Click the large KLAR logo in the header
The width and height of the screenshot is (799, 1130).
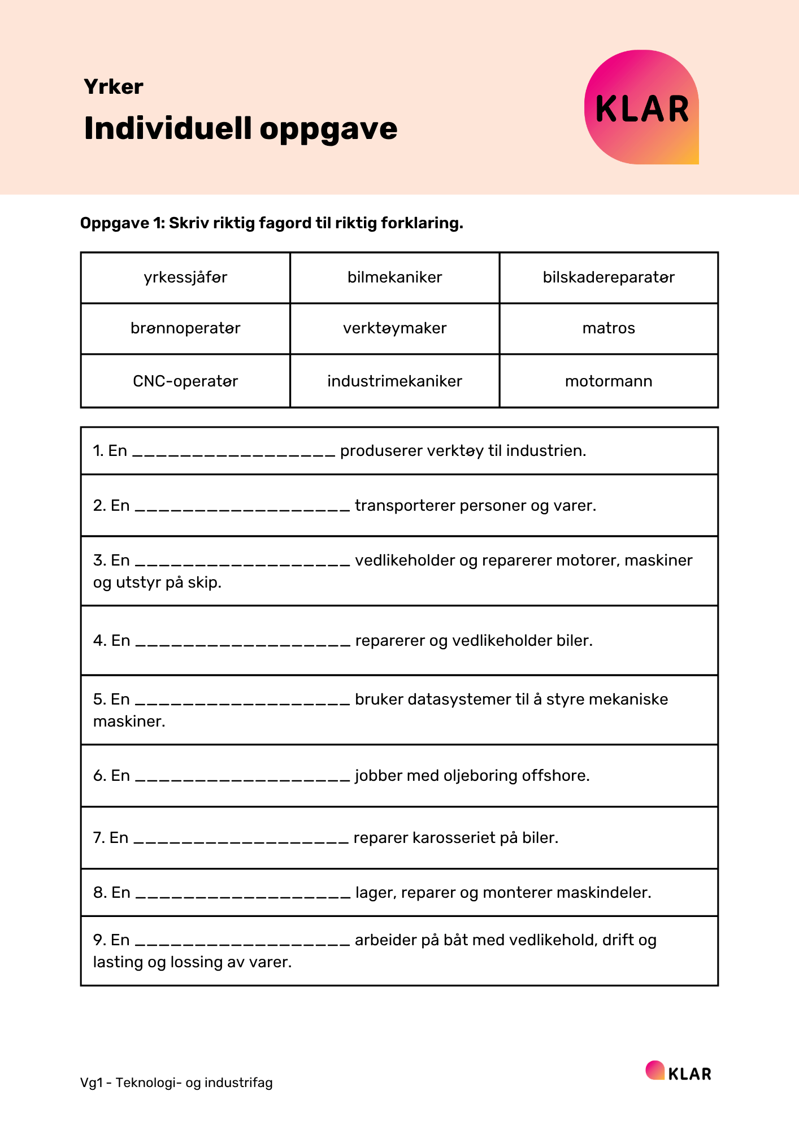point(641,107)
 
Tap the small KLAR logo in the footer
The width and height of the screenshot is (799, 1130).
point(679,1072)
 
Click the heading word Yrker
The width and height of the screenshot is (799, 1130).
point(114,86)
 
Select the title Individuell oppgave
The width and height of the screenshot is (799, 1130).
point(241,128)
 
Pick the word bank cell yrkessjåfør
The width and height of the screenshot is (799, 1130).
point(185,277)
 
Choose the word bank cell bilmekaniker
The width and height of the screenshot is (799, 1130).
point(394,277)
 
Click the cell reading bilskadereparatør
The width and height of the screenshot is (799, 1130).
point(609,277)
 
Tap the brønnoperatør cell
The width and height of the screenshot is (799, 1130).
point(185,328)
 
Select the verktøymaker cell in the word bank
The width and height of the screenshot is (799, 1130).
point(394,328)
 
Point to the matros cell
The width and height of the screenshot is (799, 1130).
point(609,328)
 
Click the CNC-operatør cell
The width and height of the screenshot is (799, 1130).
point(185,381)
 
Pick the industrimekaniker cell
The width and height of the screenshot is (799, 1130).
point(394,381)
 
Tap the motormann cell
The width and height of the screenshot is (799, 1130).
point(609,381)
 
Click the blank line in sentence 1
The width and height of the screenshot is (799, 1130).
point(234,453)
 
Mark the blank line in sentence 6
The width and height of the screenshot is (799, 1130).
point(243,777)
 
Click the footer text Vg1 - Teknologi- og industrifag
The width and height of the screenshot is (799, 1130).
point(176,1083)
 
